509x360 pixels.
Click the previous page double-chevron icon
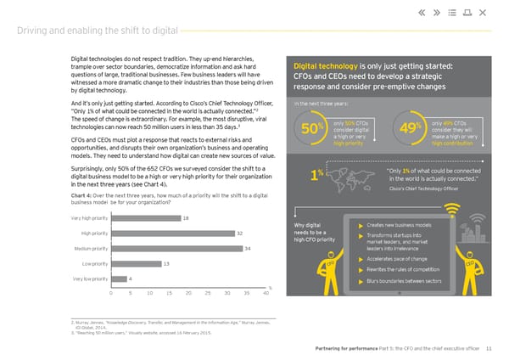click(422, 13)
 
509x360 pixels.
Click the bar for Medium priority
click(176, 248)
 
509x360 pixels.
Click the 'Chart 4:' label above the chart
click(81, 196)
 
